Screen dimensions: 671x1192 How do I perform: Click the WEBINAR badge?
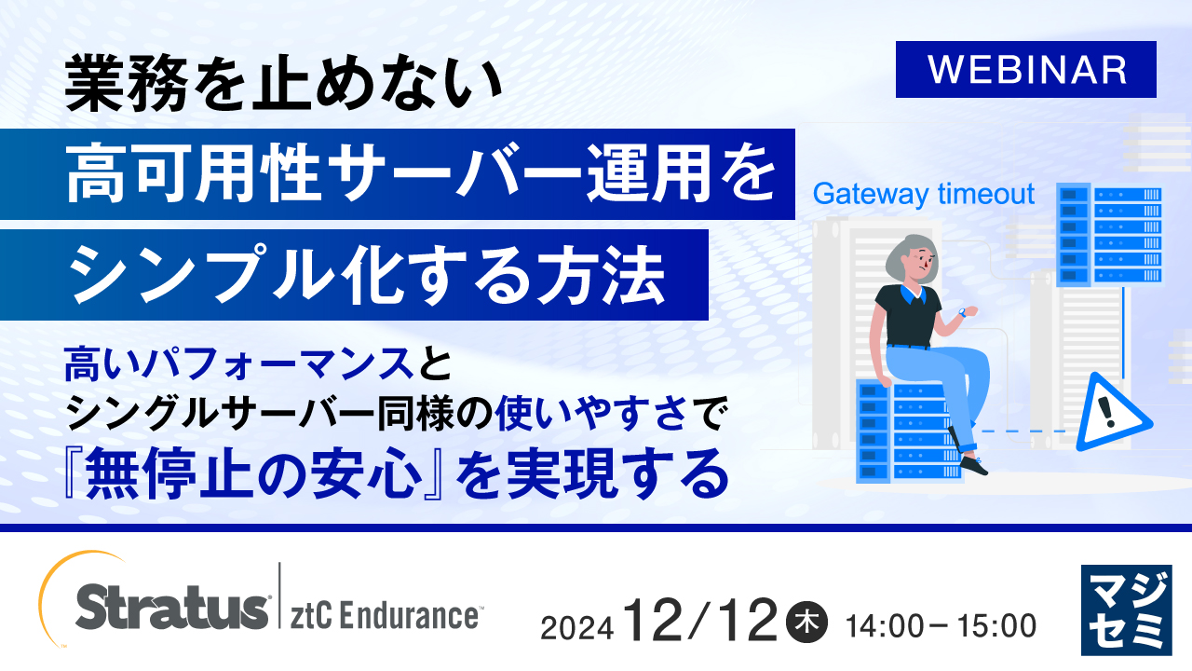coord(1025,70)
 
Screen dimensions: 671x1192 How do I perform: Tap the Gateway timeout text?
coord(924,194)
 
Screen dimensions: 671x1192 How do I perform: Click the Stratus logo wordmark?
coord(172,609)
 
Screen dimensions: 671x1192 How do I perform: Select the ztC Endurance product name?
coord(386,616)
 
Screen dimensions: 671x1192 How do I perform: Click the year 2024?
coord(576,627)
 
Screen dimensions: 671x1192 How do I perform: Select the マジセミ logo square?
coord(1127,609)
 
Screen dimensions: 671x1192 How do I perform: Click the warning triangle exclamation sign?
coord(1107,413)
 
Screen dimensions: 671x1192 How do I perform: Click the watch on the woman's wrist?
coord(961,313)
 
